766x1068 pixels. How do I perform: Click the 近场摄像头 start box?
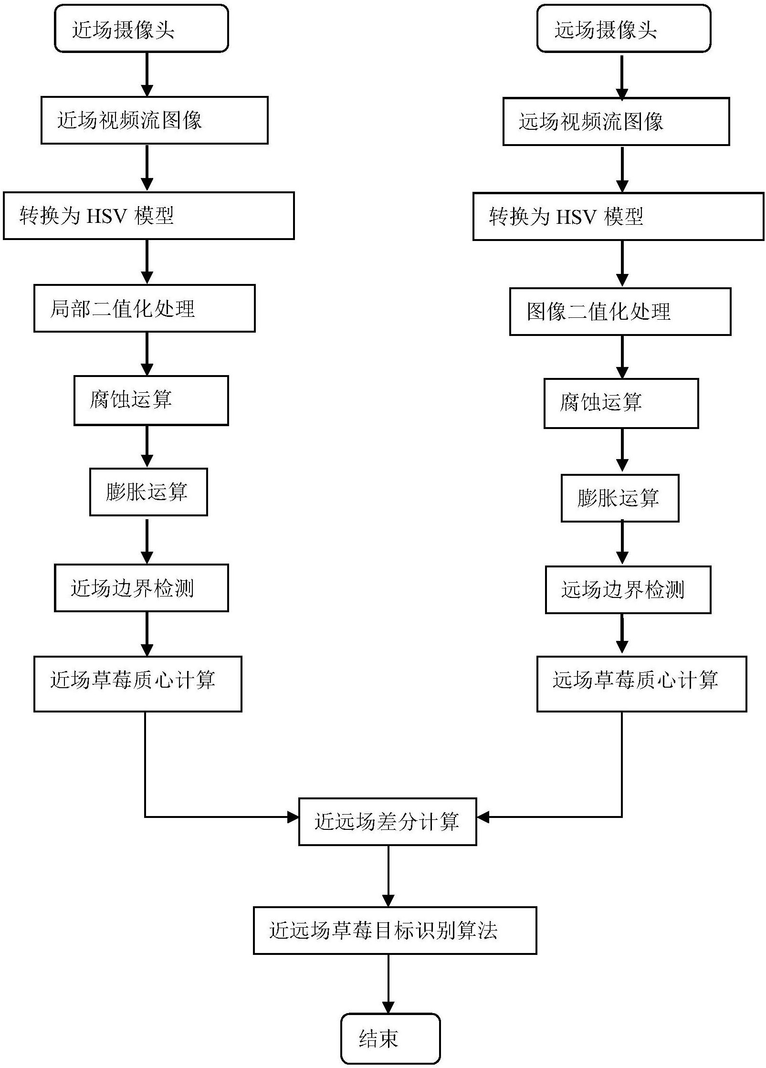point(141,29)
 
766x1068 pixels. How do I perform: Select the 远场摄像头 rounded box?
point(623,29)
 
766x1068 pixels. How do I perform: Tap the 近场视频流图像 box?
point(154,120)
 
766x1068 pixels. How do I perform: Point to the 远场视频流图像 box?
point(616,122)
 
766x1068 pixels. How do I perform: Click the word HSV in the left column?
point(107,216)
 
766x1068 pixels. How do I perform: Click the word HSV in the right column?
point(577,217)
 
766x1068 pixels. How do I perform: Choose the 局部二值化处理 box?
point(144,308)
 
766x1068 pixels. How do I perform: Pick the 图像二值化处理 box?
point(619,312)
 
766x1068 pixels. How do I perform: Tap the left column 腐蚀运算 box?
point(151,400)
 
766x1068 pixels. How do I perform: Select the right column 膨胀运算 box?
point(619,498)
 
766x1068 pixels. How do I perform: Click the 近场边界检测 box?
point(141,587)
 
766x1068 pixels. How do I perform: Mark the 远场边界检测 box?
point(628,589)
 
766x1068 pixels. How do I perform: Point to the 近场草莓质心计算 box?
point(137,683)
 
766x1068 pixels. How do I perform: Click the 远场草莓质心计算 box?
point(641,683)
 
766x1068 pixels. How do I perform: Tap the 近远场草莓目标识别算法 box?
point(394,930)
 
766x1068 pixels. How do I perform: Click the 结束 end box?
point(390,1038)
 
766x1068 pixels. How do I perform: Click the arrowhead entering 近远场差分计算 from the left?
point(293,817)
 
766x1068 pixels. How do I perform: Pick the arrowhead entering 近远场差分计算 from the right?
point(483,817)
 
